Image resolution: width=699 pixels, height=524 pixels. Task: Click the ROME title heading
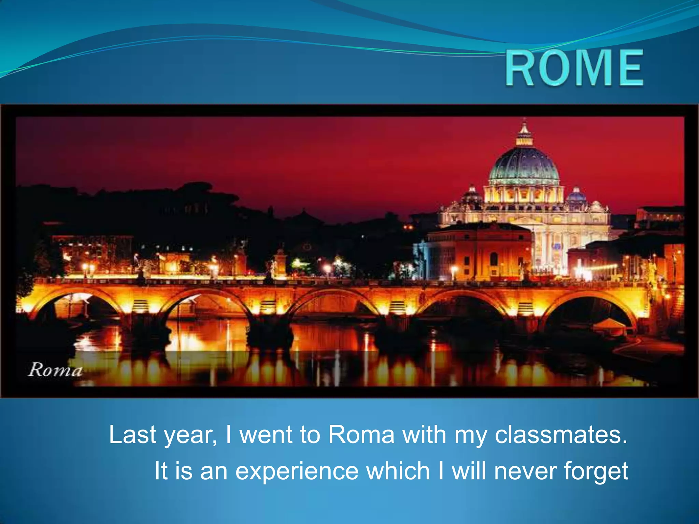click(x=574, y=68)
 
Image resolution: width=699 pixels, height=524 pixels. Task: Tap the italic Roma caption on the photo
click(x=55, y=370)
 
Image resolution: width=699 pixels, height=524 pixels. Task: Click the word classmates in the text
click(x=561, y=435)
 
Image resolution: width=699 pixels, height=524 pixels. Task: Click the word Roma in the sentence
click(x=361, y=435)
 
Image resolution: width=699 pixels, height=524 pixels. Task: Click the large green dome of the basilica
click(x=524, y=165)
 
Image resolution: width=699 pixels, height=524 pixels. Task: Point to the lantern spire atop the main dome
click(x=524, y=131)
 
